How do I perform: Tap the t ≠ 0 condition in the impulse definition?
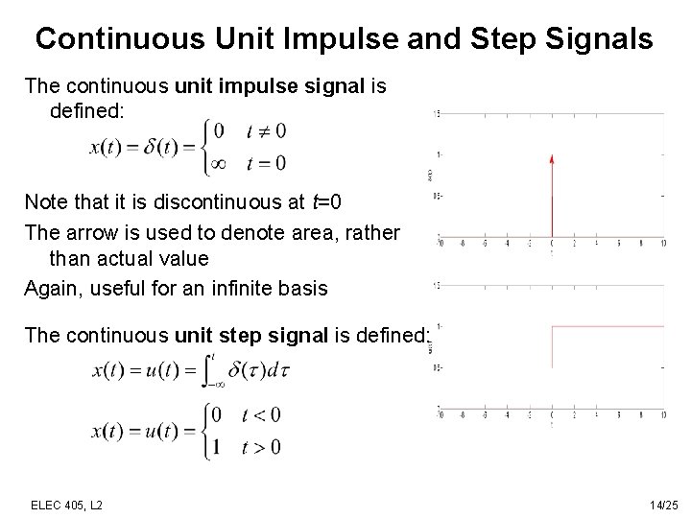point(266,131)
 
